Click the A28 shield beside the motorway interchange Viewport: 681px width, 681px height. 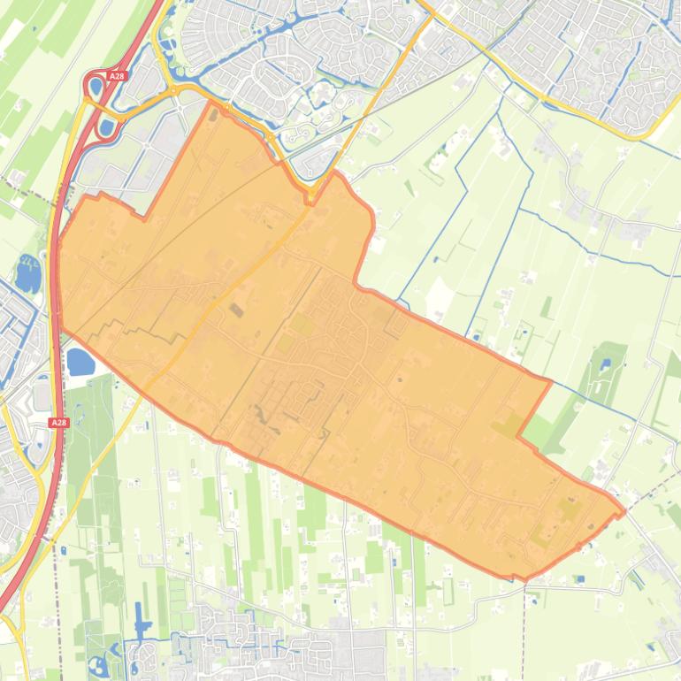[117, 77]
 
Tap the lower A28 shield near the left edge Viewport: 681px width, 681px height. [58, 423]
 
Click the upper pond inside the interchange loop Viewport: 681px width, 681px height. [96, 87]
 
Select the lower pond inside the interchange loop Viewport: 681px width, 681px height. [107, 127]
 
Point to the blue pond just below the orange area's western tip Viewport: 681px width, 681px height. [80, 361]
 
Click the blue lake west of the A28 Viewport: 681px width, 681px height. [27, 273]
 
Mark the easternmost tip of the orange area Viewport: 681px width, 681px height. [624, 511]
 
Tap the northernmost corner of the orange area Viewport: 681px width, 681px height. [210, 102]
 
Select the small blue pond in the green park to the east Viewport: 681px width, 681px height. [606, 363]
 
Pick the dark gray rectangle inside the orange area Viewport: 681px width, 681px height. [235, 310]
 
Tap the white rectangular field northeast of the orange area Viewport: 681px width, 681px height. [437, 295]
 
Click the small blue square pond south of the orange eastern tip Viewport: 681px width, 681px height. [579, 579]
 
